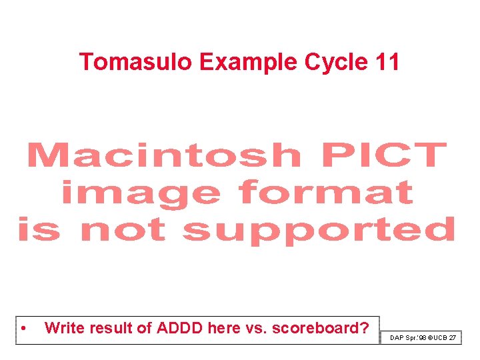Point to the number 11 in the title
(x=387, y=62)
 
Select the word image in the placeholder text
(x=140, y=194)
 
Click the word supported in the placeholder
(x=319, y=231)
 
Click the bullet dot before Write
(x=23, y=329)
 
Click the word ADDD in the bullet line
(x=179, y=328)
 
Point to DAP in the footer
(x=397, y=338)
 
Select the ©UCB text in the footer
(x=437, y=338)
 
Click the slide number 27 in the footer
(x=453, y=338)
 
